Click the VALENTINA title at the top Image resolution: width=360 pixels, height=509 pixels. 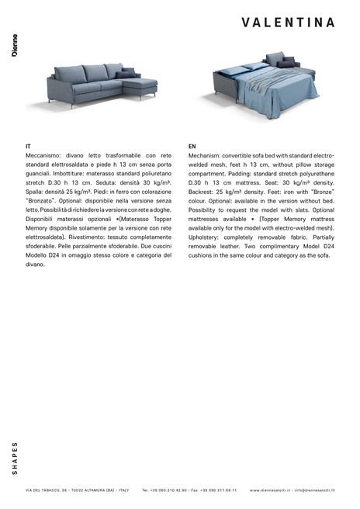point(288,23)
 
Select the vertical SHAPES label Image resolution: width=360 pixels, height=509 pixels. point(15,458)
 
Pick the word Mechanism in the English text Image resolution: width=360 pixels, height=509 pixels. point(206,155)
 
